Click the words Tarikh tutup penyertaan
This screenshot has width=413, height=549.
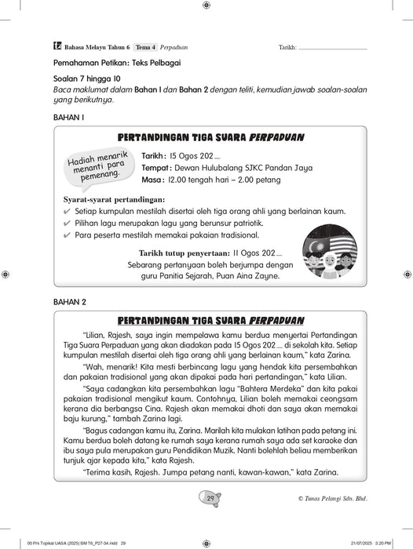pos(184,253)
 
